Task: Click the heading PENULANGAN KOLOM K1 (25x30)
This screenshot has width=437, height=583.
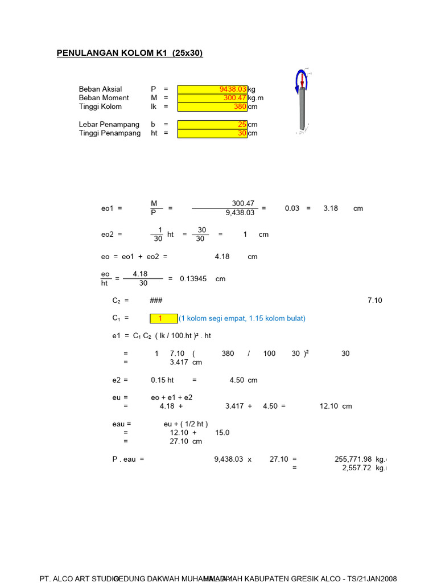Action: point(130,54)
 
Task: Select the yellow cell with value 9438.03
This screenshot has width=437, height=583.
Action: point(212,89)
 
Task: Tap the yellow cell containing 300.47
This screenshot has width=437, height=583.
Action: point(212,98)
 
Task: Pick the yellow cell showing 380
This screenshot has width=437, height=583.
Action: point(212,106)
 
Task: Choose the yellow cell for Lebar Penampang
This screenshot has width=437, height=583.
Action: point(212,124)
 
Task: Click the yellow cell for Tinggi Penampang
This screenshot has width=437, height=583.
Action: point(212,133)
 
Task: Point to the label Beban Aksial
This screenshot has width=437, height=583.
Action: point(100,89)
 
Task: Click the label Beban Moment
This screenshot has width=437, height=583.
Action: point(103,98)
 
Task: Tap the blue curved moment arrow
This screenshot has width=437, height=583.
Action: point(298,81)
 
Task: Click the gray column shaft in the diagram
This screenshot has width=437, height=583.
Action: point(303,111)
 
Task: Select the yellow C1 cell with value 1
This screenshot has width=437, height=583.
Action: point(164,318)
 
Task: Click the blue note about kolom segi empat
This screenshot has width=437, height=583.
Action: point(243,318)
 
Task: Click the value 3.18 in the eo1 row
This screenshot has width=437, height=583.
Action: point(331,208)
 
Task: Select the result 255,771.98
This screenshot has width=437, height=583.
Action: point(353,458)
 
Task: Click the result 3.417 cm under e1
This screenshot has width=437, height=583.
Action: point(185,362)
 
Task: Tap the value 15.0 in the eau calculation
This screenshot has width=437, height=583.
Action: point(222,433)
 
